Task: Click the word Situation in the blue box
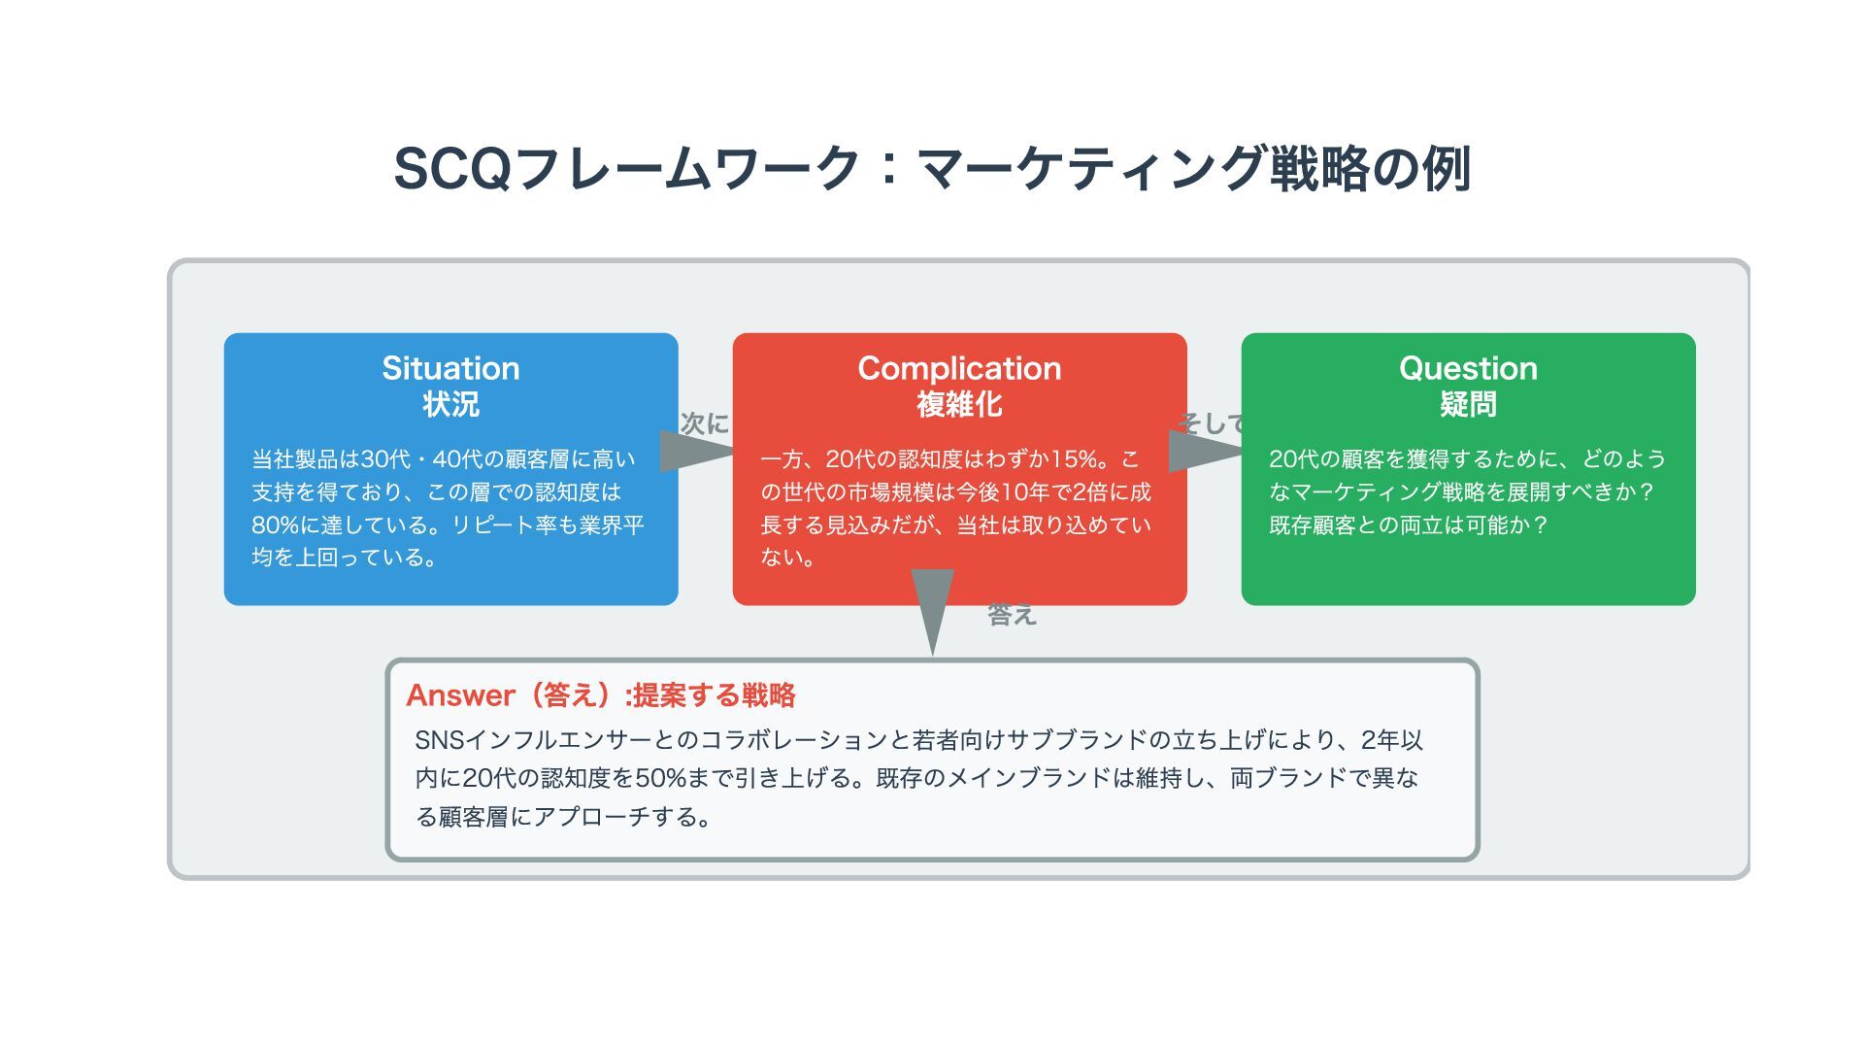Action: (x=450, y=368)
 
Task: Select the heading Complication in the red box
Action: (x=959, y=368)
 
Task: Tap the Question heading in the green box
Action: (x=1468, y=368)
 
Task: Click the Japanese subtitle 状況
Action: (x=450, y=404)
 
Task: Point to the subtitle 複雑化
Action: (x=959, y=404)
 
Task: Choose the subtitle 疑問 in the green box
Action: (x=1468, y=404)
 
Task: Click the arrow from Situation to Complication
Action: (x=695, y=451)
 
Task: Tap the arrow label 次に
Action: (x=704, y=423)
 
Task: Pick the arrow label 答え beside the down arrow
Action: (x=1012, y=615)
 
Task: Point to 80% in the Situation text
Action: (x=276, y=525)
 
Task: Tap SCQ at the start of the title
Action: (x=452, y=169)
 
